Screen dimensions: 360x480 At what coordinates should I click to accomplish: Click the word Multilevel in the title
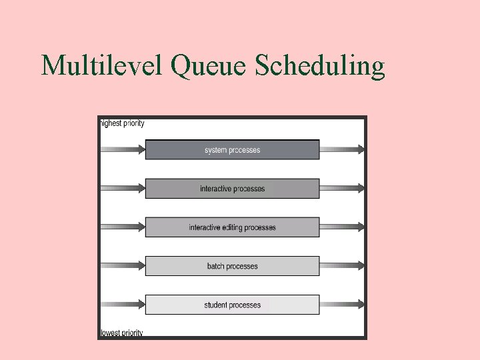tap(101, 66)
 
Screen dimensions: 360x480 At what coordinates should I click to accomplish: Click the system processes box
tap(232, 150)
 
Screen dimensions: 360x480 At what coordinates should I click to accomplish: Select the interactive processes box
tap(232, 189)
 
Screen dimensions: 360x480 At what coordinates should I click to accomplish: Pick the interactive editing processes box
tap(232, 227)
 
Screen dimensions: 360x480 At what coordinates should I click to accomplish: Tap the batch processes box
tap(232, 266)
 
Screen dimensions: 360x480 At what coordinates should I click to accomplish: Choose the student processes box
tap(232, 305)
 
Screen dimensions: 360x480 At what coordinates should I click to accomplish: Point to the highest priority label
tap(122, 123)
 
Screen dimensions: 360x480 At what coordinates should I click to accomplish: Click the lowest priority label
tap(121, 333)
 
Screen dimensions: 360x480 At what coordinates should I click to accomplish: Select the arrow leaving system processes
tap(342, 150)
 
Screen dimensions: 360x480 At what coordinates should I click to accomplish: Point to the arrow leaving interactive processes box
tap(342, 189)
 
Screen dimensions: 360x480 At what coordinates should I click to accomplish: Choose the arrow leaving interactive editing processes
tap(342, 227)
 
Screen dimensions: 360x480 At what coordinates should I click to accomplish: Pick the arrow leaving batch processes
tap(342, 266)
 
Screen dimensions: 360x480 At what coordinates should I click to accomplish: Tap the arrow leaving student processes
tap(342, 305)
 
